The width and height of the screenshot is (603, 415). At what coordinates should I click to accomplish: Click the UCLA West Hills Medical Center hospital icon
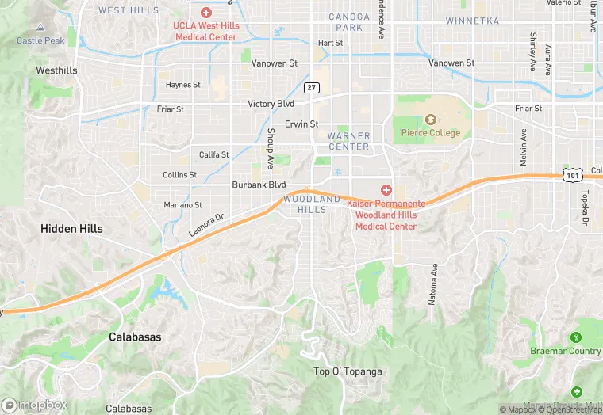point(206,12)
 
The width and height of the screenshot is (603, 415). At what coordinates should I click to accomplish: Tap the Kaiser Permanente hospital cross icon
point(386,190)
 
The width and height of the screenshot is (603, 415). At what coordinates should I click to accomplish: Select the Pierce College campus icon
point(431,120)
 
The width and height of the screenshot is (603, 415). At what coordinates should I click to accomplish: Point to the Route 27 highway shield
point(313,87)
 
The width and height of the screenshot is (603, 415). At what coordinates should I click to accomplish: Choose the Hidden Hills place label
point(72,228)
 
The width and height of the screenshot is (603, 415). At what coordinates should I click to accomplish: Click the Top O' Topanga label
point(348,371)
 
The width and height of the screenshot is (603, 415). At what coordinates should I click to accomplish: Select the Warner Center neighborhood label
point(348,141)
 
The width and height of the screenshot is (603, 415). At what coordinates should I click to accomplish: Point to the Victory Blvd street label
point(271,104)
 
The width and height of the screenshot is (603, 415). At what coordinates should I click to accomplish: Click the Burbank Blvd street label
point(259,185)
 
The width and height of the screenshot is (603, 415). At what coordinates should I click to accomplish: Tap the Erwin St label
point(301,124)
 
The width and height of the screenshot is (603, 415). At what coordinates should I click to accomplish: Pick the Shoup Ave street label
point(271,149)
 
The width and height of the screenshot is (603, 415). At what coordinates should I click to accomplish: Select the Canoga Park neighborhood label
point(349,22)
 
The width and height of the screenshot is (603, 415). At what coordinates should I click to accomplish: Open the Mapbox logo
point(36,405)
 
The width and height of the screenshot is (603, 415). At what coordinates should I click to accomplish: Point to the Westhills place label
point(56,70)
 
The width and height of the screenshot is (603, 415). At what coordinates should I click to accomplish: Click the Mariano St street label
point(182,205)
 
